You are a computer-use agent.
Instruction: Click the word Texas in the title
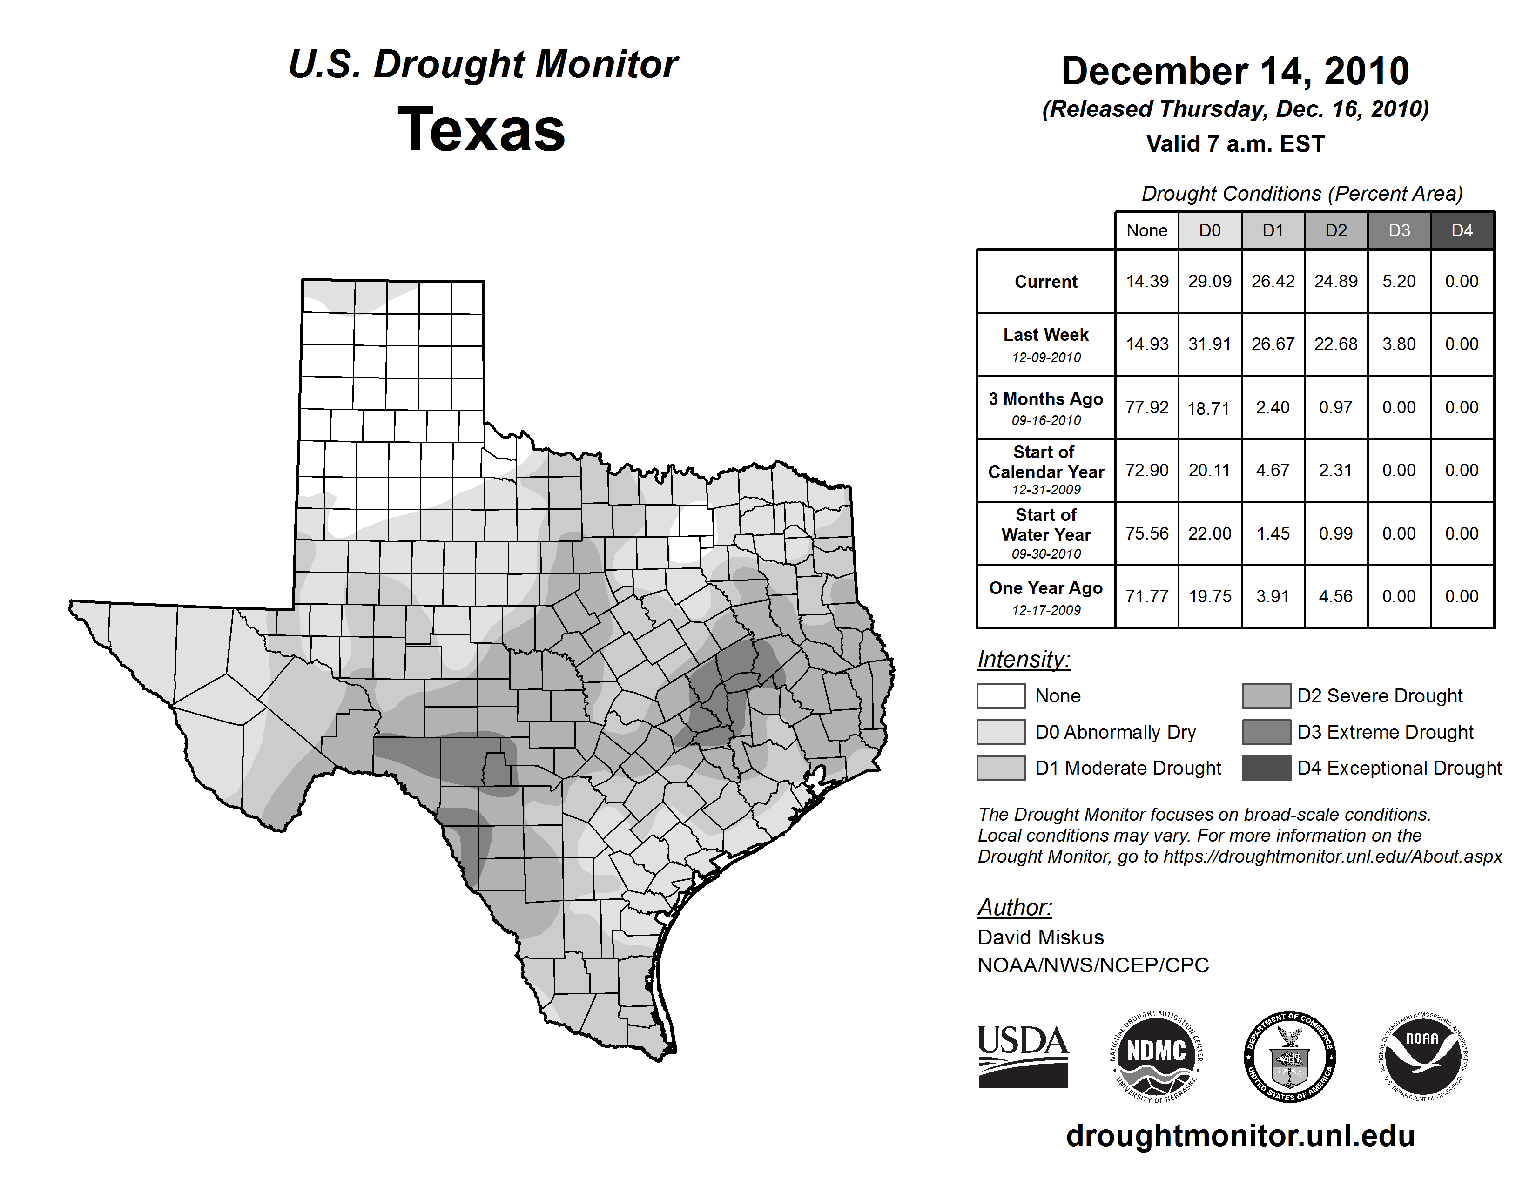[481, 130]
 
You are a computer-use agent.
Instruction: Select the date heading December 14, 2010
[1235, 71]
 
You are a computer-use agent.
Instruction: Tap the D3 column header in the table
[1399, 230]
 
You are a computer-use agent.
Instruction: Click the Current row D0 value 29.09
[1210, 281]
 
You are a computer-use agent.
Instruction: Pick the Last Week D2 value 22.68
[1335, 344]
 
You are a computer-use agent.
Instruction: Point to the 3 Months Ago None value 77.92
[1146, 407]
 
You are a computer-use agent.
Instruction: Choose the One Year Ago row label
[1046, 596]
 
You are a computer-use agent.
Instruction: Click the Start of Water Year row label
[1046, 533]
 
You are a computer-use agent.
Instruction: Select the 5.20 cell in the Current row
[1399, 281]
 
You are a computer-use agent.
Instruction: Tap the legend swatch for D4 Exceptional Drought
[1266, 768]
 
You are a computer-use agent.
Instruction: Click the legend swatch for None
[1001, 695]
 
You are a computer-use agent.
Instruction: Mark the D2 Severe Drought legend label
[1380, 695]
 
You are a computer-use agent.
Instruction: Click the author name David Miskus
[1040, 937]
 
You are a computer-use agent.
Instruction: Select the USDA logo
[1023, 1056]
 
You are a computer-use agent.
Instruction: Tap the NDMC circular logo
[1156, 1056]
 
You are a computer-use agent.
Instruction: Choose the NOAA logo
[1422, 1056]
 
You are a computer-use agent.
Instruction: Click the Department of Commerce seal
[1289, 1056]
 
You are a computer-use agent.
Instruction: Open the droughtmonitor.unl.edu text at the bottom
[1240, 1136]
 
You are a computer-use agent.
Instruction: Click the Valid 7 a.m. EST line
[1235, 144]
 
